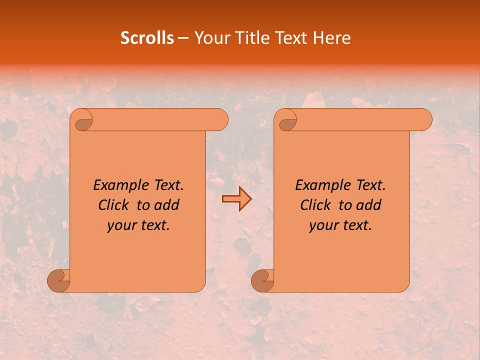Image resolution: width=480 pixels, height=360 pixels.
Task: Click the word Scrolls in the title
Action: click(147, 38)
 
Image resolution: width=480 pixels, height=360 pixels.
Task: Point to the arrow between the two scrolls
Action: click(236, 199)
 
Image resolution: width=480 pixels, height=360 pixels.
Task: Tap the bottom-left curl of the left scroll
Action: click(58, 280)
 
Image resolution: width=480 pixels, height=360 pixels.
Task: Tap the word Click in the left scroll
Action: click(109, 205)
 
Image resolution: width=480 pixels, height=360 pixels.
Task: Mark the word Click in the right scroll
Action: click(311, 205)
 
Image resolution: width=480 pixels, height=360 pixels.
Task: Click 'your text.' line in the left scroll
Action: click(138, 225)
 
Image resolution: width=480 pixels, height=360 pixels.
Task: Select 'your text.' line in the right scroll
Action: click(340, 225)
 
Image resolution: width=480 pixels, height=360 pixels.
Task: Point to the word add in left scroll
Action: click(167, 205)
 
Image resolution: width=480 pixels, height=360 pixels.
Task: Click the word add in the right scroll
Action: click(369, 205)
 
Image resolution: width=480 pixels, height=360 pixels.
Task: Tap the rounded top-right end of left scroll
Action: click(220, 119)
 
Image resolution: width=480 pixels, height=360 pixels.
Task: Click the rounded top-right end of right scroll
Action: click(424, 119)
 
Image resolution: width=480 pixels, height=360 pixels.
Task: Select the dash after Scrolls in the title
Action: click(183, 38)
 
